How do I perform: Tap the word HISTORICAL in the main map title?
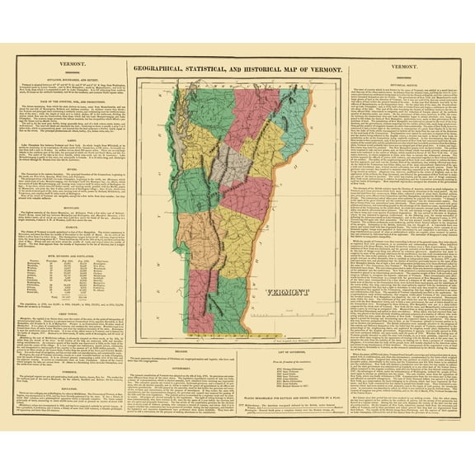(279, 69)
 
